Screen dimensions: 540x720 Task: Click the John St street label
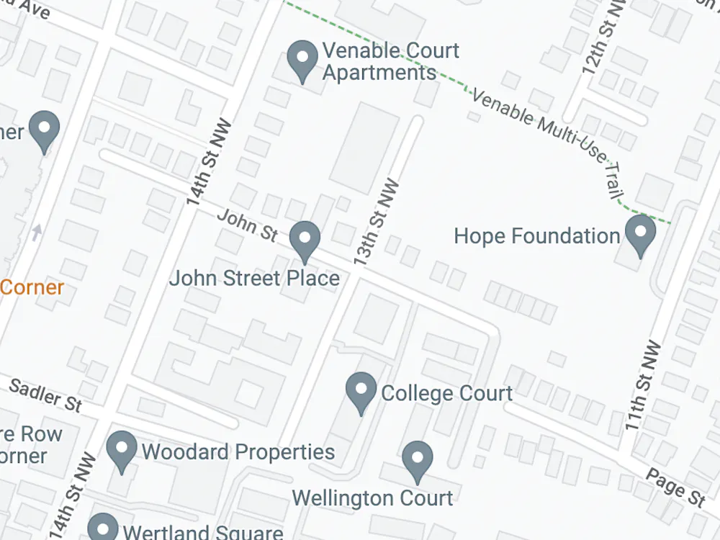[x=247, y=225]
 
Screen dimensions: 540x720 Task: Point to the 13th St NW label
[x=377, y=223]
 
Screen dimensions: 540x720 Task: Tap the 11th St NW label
[x=642, y=385]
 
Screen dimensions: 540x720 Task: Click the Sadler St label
[x=45, y=395]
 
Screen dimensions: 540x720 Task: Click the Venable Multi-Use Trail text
[x=547, y=137]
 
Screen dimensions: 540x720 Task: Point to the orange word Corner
[x=32, y=288]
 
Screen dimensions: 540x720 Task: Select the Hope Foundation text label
[x=537, y=236]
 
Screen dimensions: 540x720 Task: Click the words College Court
[x=446, y=393]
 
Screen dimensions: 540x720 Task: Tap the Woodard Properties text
[x=238, y=452]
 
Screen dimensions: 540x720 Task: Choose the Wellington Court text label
[x=372, y=498]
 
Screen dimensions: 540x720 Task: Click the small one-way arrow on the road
[x=37, y=232]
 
